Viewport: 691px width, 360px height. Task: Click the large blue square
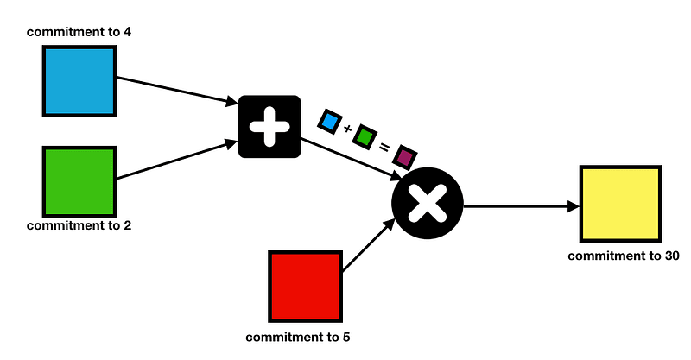pyautogui.click(x=79, y=80)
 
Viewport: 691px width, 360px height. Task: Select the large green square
pyautogui.click(x=79, y=181)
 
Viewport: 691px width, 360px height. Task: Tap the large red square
pyautogui.click(x=305, y=286)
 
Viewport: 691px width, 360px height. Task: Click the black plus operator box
pyautogui.click(x=269, y=126)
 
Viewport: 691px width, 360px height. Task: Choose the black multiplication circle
pyautogui.click(x=428, y=205)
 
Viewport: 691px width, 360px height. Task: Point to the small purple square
pyautogui.click(x=404, y=156)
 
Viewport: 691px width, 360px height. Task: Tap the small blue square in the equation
pyautogui.click(x=329, y=121)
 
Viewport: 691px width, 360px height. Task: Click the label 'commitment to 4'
pyautogui.click(x=79, y=32)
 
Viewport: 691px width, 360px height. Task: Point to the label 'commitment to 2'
pyautogui.click(x=79, y=226)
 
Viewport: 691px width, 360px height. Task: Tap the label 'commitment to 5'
pyautogui.click(x=298, y=337)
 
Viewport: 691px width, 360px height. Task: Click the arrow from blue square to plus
pyautogui.click(x=177, y=92)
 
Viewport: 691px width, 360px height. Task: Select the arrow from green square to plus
pyautogui.click(x=177, y=161)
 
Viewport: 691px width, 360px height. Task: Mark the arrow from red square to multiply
pyautogui.click(x=367, y=247)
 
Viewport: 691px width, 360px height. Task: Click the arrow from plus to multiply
pyautogui.click(x=350, y=159)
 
